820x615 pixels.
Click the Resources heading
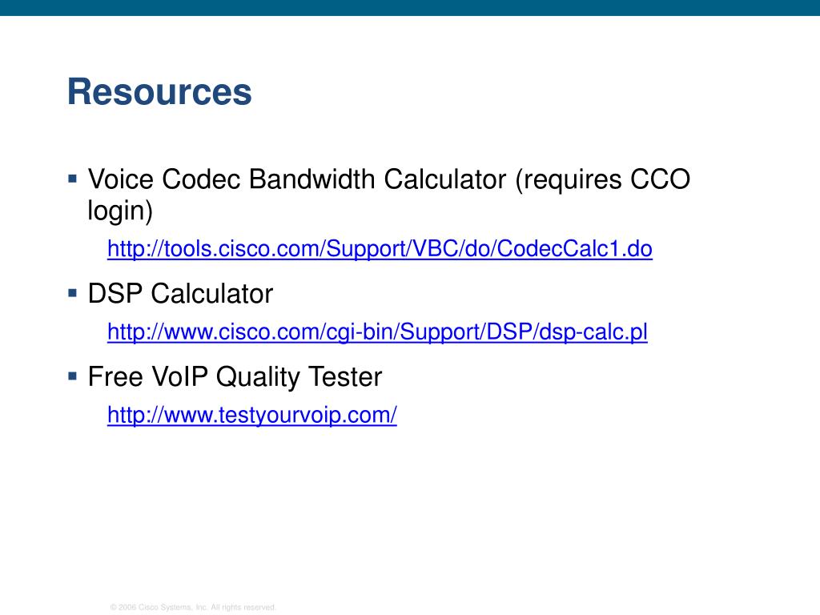[159, 92]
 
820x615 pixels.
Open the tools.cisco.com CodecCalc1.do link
[380, 249]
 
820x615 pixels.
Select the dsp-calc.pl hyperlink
[377, 332]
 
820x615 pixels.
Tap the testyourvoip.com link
[252, 416]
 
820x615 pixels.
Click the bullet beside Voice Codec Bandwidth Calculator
[73, 179]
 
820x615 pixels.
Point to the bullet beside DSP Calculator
[73, 293]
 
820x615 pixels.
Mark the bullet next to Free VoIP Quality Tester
[73, 376]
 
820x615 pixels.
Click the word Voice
[121, 179]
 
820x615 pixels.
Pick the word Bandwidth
[312, 179]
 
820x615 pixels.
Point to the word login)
[120, 211]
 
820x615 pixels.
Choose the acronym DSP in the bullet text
[115, 293]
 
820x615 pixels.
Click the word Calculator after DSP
[211, 293]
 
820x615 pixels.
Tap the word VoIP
[180, 376]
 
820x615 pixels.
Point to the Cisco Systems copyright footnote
[193, 607]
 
